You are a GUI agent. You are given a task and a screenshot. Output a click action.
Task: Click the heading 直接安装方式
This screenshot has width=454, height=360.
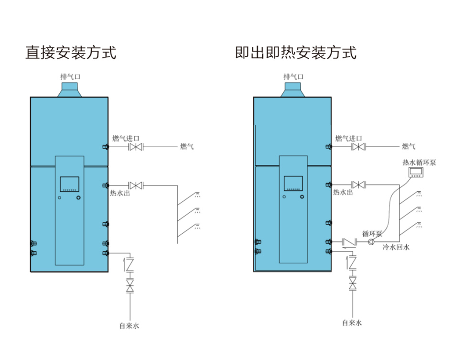click(x=71, y=52)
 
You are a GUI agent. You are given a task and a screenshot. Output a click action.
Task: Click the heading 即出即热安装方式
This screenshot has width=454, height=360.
click(x=296, y=52)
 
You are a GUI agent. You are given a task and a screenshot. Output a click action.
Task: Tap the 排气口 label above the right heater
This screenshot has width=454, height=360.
click(x=293, y=76)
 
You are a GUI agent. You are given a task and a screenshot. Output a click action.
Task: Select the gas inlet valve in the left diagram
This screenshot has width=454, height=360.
click(x=136, y=147)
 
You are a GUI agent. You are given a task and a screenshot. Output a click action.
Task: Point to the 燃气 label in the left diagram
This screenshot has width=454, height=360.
click(x=187, y=147)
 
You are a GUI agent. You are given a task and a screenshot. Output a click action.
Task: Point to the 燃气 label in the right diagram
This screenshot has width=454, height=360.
click(x=409, y=147)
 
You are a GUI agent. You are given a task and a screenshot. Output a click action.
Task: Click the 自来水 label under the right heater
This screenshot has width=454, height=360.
click(x=352, y=323)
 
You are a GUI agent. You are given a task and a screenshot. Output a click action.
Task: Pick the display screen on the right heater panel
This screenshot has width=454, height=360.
click(x=293, y=183)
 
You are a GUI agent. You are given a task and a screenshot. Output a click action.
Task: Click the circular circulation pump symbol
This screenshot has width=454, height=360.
click(x=371, y=242)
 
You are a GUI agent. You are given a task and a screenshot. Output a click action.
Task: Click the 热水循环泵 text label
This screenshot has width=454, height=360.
click(x=419, y=163)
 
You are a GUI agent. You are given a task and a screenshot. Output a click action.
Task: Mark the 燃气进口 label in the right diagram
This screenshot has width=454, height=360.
click(x=349, y=139)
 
